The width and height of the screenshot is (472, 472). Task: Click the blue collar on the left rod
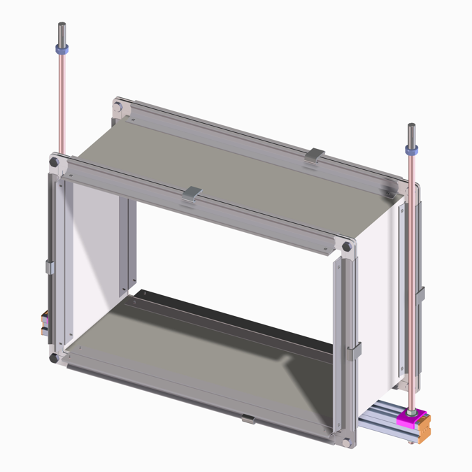pyautogui.click(x=62, y=50)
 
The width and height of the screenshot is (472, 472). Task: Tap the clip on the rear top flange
pyautogui.click(x=316, y=155)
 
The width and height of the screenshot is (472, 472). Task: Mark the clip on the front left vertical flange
pyautogui.click(x=49, y=266)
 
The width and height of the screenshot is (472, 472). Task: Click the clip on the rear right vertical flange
pyautogui.click(x=420, y=294)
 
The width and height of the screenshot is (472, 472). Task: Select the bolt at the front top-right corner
pyautogui.click(x=347, y=247)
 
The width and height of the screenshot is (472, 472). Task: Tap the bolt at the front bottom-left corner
pyautogui.click(x=54, y=359)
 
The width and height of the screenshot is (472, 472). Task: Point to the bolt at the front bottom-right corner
pyautogui.click(x=348, y=441)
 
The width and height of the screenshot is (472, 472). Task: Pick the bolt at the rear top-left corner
pyautogui.click(x=119, y=107)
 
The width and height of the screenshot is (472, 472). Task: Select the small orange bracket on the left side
pyautogui.click(x=44, y=321)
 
